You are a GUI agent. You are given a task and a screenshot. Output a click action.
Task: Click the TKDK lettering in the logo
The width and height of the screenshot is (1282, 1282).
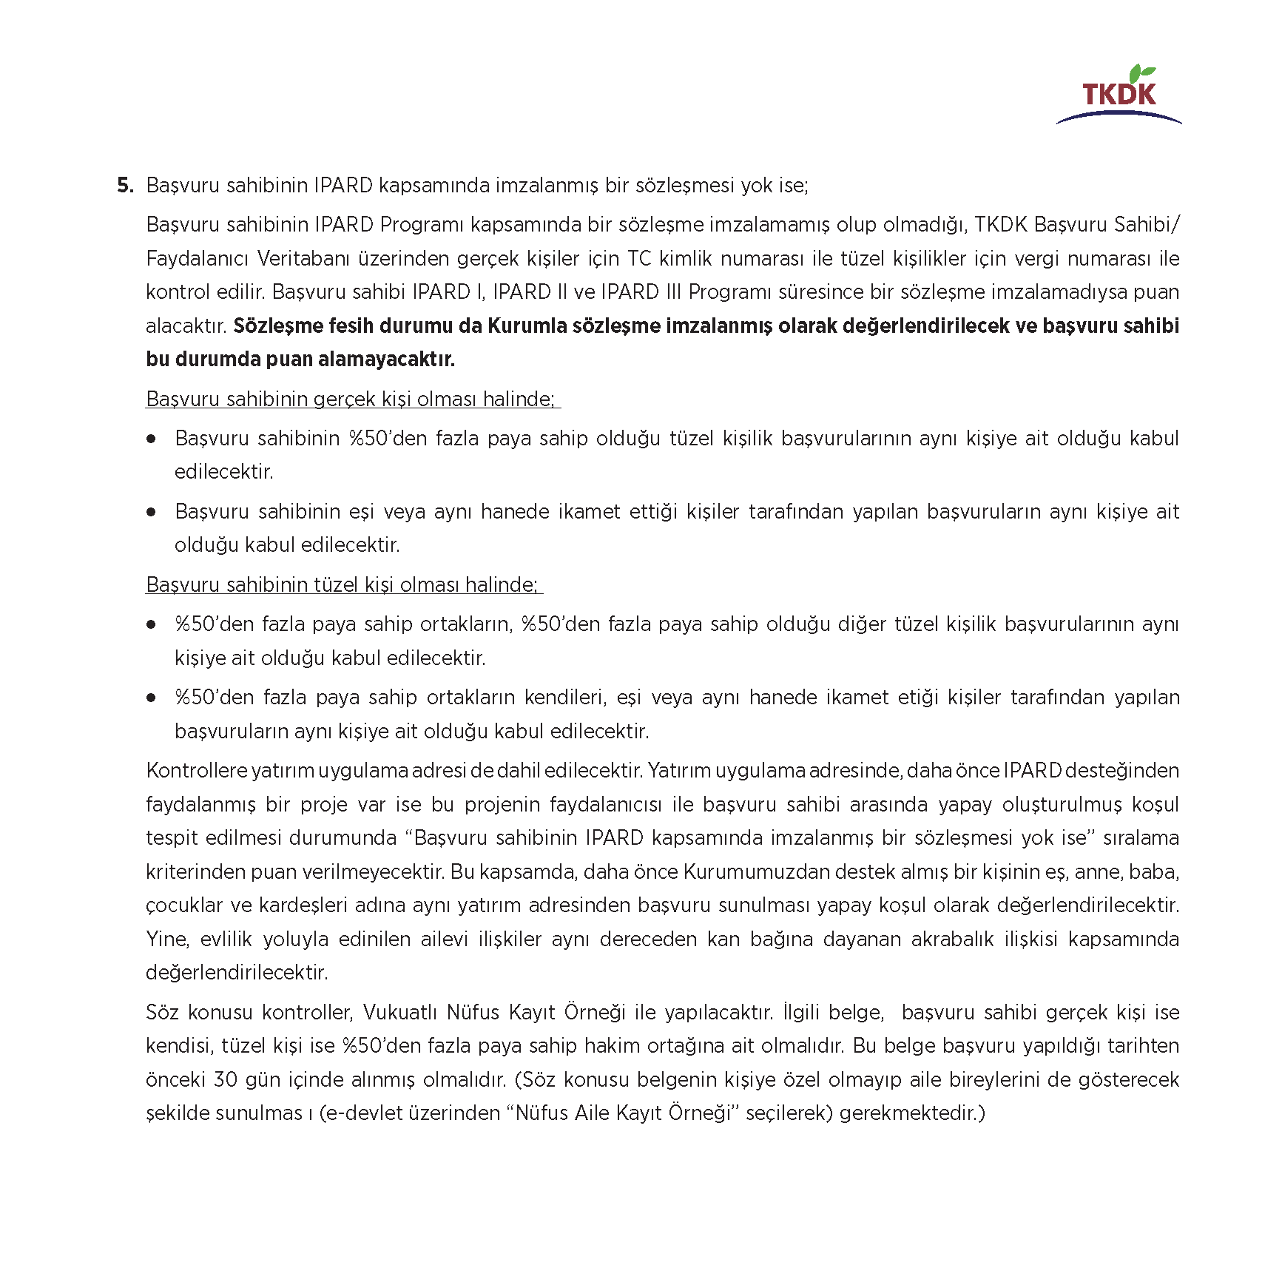pyautogui.click(x=1119, y=95)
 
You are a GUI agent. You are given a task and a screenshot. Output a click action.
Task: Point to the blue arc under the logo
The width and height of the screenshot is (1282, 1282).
pyautogui.click(x=1118, y=116)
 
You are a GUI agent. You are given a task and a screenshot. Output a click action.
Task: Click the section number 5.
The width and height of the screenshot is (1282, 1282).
pyautogui.click(x=125, y=185)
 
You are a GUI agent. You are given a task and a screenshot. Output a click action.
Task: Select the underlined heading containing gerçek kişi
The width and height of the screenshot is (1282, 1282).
pyautogui.click(x=351, y=399)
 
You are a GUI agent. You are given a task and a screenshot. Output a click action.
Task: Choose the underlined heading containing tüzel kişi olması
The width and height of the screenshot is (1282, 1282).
pyautogui.click(x=342, y=585)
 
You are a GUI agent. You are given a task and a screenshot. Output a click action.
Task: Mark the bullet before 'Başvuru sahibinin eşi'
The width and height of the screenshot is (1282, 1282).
pyautogui.click(x=152, y=512)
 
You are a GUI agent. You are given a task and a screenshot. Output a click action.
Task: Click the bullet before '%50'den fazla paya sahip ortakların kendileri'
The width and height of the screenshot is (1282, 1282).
pyautogui.click(x=152, y=698)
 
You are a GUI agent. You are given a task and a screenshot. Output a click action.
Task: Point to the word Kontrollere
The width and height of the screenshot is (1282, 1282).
pyautogui.click(x=195, y=771)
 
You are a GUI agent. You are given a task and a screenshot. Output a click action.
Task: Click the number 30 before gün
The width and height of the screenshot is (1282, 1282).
pyautogui.click(x=225, y=1080)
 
